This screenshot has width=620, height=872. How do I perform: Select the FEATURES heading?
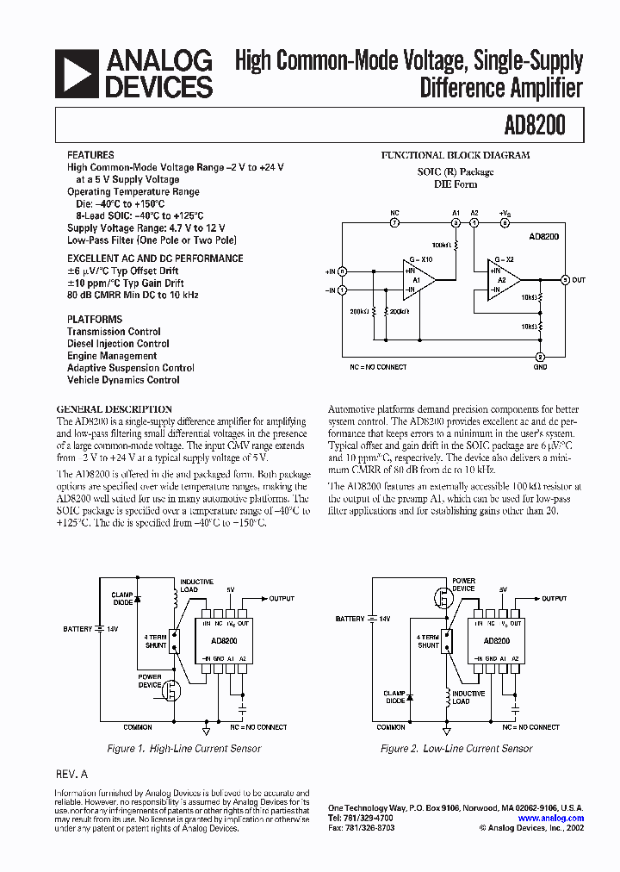[90, 155]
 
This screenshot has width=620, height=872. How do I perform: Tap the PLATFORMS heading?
[95, 319]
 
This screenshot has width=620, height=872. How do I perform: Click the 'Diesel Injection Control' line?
[118, 344]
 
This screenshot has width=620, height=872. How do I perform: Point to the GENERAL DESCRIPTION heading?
[114, 409]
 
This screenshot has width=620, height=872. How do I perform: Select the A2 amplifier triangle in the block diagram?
[505, 279]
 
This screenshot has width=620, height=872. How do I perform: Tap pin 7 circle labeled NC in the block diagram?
[394, 222]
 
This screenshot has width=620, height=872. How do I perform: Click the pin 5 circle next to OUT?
[565, 279]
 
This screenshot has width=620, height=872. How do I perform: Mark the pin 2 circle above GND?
[540, 357]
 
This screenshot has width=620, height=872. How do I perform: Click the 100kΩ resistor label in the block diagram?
[440, 246]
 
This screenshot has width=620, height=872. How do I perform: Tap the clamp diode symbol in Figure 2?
[409, 697]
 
